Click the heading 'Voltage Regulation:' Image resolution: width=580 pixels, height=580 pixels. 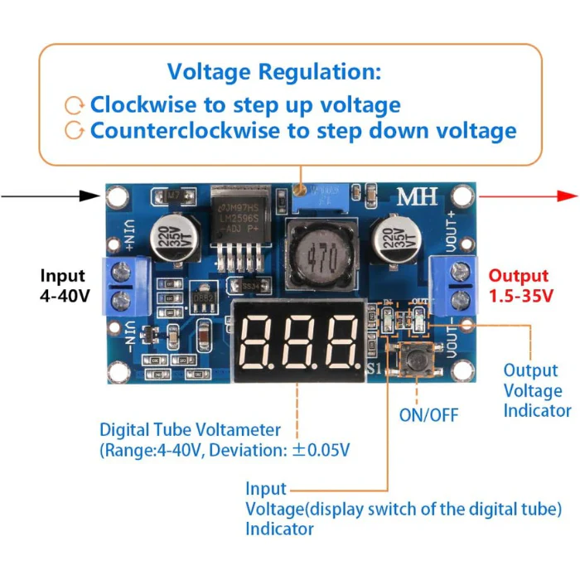coord(274,71)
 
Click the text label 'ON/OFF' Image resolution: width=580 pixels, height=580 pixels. coord(428,414)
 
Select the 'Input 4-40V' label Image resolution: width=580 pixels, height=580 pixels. coord(63,286)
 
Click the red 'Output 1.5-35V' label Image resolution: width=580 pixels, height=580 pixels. coord(518,286)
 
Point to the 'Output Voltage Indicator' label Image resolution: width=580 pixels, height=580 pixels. coord(538,390)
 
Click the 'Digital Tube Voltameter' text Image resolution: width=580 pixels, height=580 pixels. coord(190,430)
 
